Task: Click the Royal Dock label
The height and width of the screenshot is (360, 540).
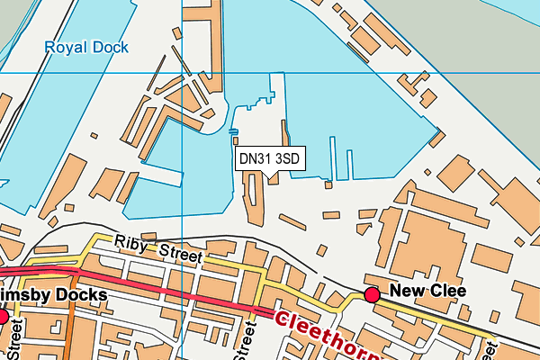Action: coord(86,47)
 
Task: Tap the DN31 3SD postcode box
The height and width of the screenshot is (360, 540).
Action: coord(268,159)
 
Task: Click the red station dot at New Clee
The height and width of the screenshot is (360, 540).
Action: coord(372,294)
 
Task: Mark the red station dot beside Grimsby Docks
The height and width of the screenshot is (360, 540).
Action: coord(3,317)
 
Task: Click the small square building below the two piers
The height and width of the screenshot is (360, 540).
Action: coord(328,184)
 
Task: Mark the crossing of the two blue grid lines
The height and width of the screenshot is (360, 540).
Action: coord(182,72)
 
